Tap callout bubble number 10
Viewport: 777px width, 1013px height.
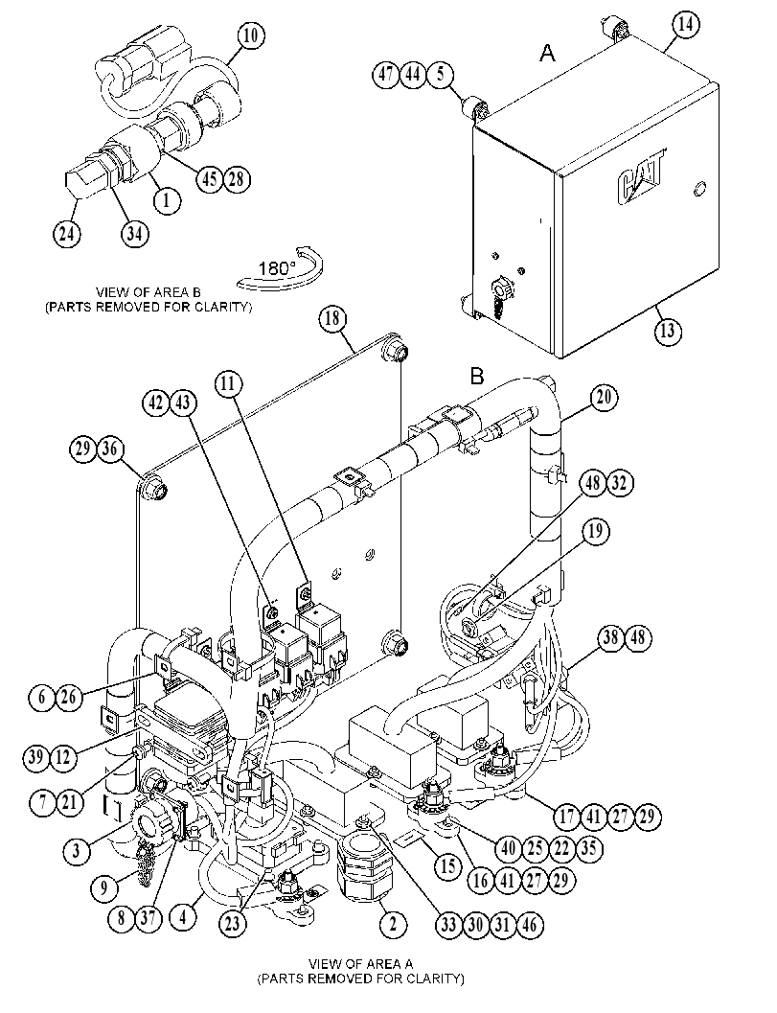point(251,35)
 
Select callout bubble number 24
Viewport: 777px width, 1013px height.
point(66,233)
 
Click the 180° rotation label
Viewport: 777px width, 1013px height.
point(277,268)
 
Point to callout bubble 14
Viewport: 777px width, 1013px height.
point(686,25)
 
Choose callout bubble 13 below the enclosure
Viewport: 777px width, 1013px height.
point(668,330)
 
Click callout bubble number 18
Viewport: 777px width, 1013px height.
point(332,319)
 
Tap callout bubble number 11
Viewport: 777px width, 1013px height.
point(228,384)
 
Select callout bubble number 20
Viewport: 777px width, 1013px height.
point(604,397)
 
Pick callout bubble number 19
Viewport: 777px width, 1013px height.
point(595,531)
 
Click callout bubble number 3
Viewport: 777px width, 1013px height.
point(77,850)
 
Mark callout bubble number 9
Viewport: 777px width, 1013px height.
point(104,887)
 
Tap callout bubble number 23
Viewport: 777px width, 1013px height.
point(232,923)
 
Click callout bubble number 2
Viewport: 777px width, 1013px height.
point(393,925)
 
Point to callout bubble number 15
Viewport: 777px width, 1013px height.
point(447,865)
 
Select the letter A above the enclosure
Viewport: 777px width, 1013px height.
point(547,53)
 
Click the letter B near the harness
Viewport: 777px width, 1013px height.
point(477,376)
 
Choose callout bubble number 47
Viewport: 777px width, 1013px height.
point(385,75)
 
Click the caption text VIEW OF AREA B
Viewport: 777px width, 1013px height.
point(149,292)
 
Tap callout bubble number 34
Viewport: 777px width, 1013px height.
point(134,233)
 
